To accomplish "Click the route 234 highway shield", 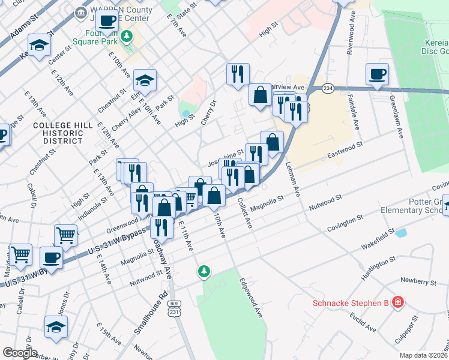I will click(328, 88).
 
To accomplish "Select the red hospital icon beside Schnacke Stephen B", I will click(397, 302).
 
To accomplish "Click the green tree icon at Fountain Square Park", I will click(126, 37).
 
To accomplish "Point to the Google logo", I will click(20, 353).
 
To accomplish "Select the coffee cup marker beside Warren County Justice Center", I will click(107, 20).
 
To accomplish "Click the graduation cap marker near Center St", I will click(40, 46).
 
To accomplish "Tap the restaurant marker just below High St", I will click(238, 74).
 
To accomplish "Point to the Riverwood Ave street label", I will click(350, 40).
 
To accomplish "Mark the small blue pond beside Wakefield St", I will click(401, 232).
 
